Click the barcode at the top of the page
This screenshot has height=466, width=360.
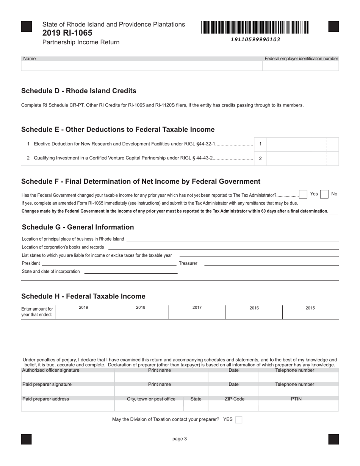[255, 28]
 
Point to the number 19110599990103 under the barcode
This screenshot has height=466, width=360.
[255, 39]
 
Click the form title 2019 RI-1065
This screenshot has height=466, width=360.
[67, 33]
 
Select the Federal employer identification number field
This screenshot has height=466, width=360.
[301, 66]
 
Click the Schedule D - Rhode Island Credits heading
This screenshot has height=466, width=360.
[78, 91]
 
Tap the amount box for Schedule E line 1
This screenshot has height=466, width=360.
[296, 144]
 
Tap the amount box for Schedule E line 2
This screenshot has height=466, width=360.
[296, 158]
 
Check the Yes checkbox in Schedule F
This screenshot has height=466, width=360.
[303, 194]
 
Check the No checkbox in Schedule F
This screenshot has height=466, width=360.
[324, 194]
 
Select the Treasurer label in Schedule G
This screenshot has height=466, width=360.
[188, 263]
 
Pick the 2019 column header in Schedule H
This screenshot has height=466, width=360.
[83, 307]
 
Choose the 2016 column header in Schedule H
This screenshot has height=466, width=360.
[254, 308]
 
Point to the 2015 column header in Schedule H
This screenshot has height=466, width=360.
[310, 308]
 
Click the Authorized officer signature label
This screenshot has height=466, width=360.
[51, 370]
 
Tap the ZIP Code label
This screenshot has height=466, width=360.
[233, 399]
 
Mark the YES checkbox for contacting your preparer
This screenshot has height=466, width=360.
[239, 419]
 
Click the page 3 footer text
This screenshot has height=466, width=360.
[180, 439]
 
